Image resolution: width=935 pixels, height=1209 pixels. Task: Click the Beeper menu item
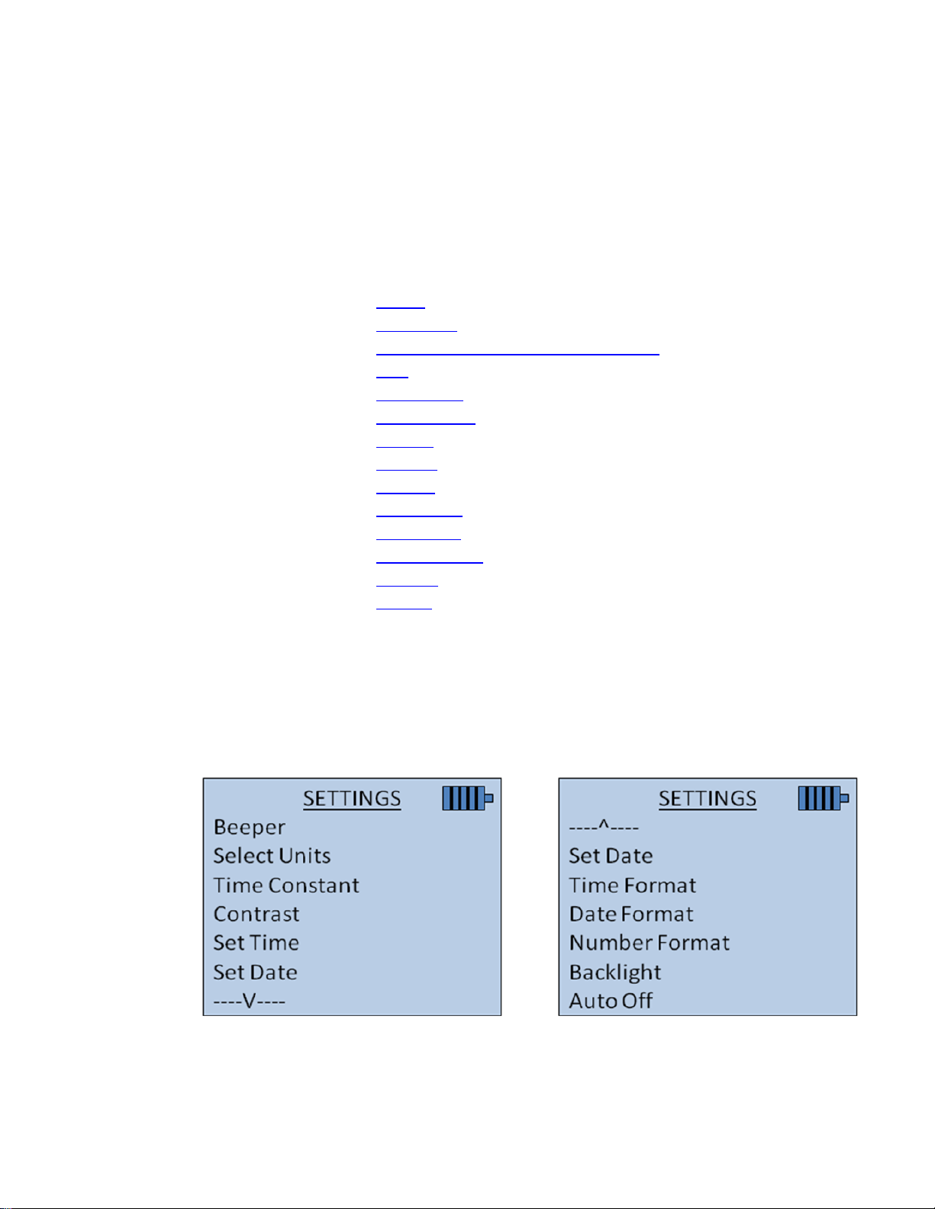click(x=250, y=828)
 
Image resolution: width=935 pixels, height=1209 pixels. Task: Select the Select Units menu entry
click(x=272, y=856)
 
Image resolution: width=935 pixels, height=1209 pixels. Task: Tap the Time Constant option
click(x=286, y=886)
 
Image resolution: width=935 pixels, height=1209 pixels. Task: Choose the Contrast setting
click(x=256, y=914)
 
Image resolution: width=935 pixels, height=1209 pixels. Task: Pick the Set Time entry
click(x=256, y=943)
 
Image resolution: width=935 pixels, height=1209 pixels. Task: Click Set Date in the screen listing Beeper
click(x=256, y=973)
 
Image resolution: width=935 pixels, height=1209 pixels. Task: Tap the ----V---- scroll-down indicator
click(x=250, y=1001)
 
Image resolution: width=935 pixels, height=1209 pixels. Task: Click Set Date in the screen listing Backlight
click(x=611, y=856)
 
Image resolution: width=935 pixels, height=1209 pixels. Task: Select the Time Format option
click(x=633, y=886)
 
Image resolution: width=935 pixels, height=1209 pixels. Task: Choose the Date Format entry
click(x=631, y=914)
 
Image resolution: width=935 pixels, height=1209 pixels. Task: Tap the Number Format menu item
click(x=650, y=943)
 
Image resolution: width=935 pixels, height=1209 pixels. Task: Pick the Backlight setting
click(x=615, y=973)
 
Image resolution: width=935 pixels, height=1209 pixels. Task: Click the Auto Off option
click(x=611, y=1001)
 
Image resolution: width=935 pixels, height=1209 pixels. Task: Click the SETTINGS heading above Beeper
click(x=352, y=799)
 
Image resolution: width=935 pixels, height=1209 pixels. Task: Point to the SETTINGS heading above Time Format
click(x=708, y=799)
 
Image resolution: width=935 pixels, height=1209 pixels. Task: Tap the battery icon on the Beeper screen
click(x=467, y=799)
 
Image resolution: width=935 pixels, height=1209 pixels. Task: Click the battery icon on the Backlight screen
click(x=823, y=799)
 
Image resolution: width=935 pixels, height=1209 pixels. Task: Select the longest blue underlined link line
click(x=517, y=354)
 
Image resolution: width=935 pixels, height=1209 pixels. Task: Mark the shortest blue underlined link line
click(x=392, y=376)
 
